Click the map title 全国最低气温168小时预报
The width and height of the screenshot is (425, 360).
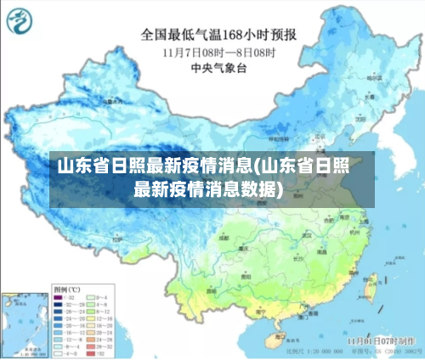tap(218, 35)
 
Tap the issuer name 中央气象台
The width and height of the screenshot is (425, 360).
tap(218, 65)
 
